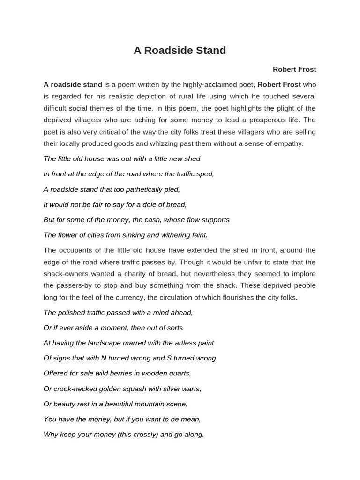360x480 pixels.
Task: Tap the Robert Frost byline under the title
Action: click(x=294, y=69)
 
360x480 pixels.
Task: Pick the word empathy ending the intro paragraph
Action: click(x=289, y=143)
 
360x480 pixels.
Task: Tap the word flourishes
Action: click(x=238, y=297)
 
